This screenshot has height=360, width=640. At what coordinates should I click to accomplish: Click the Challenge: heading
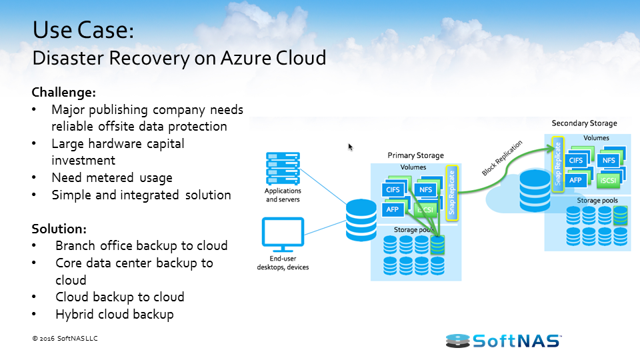tap(64, 92)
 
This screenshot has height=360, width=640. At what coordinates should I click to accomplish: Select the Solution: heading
tap(59, 229)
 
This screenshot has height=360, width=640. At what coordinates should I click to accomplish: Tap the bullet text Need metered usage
tap(112, 178)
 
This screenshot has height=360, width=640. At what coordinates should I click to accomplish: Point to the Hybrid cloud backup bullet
tap(115, 314)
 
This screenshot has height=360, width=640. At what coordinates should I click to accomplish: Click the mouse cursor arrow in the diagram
tap(351, 147)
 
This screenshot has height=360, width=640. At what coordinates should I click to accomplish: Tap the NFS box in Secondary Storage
tap(607, 160)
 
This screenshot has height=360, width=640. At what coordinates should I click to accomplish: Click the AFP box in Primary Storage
tap(391, 209)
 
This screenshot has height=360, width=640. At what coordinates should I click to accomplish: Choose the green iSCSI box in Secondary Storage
tap(607, 179)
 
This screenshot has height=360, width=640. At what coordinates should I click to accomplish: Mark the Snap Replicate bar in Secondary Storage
tap(557, 163)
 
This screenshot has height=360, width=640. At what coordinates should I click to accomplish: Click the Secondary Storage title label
tap(584, 123)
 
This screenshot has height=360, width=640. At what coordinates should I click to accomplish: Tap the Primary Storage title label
tap(415, 155)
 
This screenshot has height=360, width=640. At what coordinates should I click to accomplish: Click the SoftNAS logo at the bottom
tap(504, 341)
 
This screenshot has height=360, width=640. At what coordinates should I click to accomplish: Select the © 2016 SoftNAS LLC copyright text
tap(65, 339)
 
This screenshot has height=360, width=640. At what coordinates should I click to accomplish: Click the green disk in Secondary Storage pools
tap(621, 215)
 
